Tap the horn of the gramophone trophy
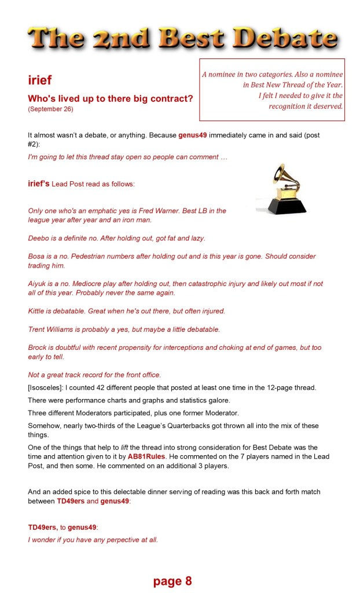coord(280,173)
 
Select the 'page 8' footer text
coord(172,581)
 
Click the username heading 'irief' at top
coord(40,80)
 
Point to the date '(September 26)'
coord(50,109)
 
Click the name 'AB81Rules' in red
coord(146,456)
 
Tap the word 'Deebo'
coord(38,238)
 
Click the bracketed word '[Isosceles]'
coord(46,386)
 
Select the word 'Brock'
coord(38,347)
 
